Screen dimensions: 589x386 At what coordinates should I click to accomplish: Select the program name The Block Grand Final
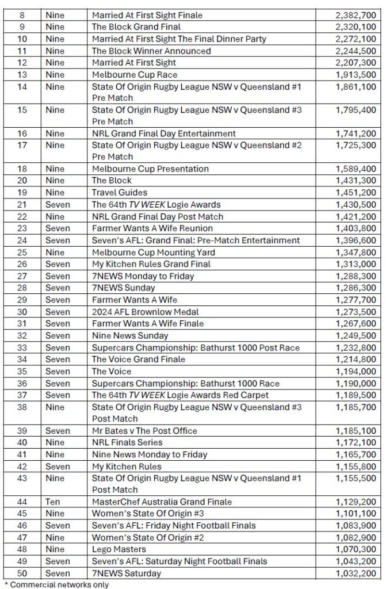click(x=136, y=27)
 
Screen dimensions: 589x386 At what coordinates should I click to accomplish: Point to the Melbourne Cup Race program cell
click(x=135, y=75)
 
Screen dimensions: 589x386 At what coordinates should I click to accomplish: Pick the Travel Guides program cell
click(x=120, y=193)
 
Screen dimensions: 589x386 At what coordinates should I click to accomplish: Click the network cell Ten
click(x=52, y=502)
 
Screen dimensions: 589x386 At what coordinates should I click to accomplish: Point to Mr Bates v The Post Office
click(x=144, y=430)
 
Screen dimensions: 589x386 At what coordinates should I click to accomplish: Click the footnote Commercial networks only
click(x=57, y=584)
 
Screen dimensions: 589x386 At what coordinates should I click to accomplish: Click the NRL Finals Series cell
click(x=127, y=442)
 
